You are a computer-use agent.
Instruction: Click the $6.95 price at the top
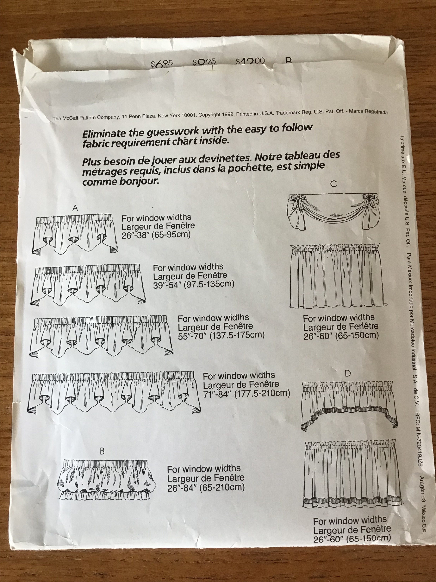tap(161, 64)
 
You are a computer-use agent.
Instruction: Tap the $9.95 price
tap(204, 62)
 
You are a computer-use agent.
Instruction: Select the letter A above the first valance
tap(75, 208)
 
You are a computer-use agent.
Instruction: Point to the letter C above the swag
tap(333, 184)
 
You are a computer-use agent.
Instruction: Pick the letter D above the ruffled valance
tap(347, 373)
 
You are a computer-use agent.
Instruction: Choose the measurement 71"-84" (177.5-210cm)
tap(246, 394)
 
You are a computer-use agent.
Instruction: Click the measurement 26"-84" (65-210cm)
tap(206, 488)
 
